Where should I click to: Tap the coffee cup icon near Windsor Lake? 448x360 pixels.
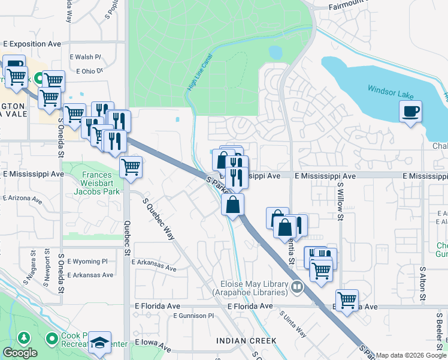(410, 111)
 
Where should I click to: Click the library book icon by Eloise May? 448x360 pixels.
(296, 289)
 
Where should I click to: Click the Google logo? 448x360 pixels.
(20, 353)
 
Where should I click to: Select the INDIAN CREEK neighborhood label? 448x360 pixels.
(247, 341)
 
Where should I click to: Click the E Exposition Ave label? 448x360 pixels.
(32, 44)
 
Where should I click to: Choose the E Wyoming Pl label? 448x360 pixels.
(87, 262)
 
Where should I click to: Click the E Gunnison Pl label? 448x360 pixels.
(193, 316)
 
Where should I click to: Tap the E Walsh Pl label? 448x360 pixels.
(85, 57)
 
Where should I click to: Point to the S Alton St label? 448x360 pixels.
(423, 284)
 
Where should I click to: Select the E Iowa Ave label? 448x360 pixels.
(153, 343)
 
